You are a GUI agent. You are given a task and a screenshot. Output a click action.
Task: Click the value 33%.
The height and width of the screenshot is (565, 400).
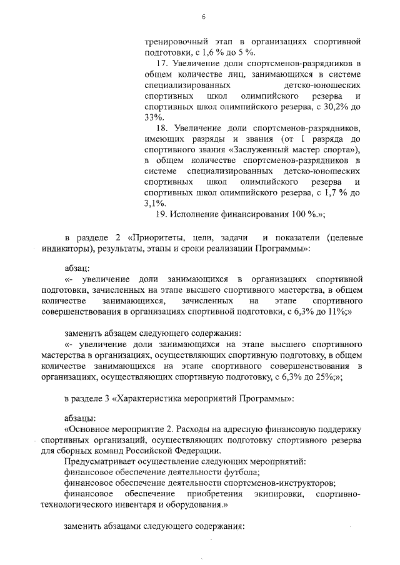[x=152, y=117]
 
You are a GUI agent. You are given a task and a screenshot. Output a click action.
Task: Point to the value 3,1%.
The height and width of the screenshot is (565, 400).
[x=155, y=203]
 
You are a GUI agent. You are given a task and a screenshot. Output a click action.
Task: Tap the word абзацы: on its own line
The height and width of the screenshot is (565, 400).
[x=79, y=417]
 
